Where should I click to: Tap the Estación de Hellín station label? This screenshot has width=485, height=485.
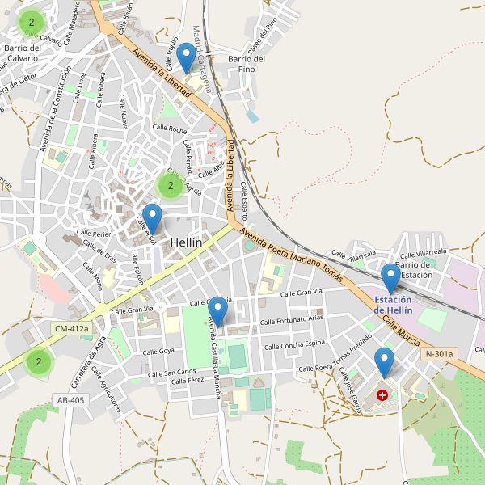tap(394, 305)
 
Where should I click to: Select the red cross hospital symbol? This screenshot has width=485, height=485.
tap(382, 395)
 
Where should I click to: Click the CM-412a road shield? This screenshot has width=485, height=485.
tap(70, 329)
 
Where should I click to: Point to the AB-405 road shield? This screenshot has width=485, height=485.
tap(70, 400)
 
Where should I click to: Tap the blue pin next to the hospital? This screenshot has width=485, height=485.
tap(384, 363)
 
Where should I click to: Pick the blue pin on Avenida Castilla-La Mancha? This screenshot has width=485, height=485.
tap(217, 312)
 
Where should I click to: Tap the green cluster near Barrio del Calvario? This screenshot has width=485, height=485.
tap(32, 23)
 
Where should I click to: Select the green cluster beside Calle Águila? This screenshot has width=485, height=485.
tap(170, 186)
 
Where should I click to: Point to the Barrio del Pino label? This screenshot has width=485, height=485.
tap(247, 64)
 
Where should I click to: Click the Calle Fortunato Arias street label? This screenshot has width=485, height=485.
tap(292, 322)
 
